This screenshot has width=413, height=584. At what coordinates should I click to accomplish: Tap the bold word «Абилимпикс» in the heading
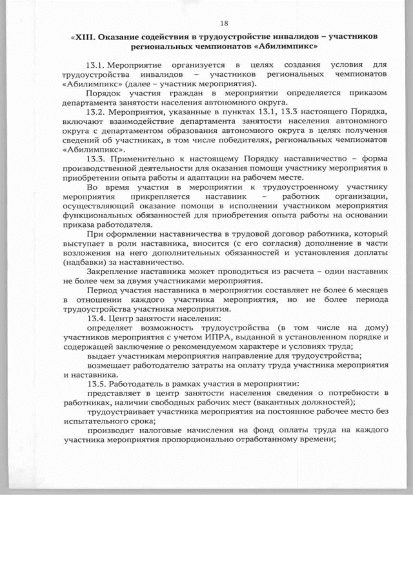click(292, 47)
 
